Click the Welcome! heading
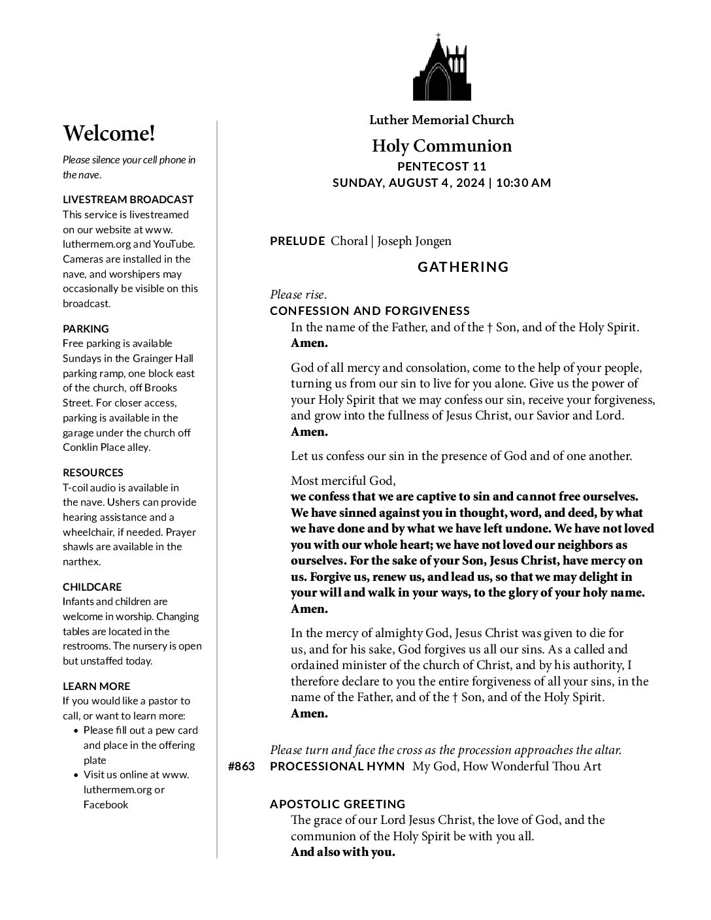pos(109,134)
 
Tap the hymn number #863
pos(241,766)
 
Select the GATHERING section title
pos(463,267)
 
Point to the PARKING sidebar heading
pos(86,329)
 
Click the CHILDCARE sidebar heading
pos(92,587)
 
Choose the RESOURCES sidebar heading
pos(93,472)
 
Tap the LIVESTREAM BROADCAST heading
pos(128,199)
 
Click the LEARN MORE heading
pos(96,686)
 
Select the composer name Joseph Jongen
pos(414,241)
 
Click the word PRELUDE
pos(297,241)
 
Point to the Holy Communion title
pos(442,146)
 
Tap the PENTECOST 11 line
pos(442,167)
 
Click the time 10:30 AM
pos(523,183)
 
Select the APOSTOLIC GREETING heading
pos(338,804)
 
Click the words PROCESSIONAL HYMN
pos(337,766)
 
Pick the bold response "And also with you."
pos(343,852)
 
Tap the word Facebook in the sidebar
pos(106,804)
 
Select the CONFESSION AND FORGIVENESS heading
pos(370,311)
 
